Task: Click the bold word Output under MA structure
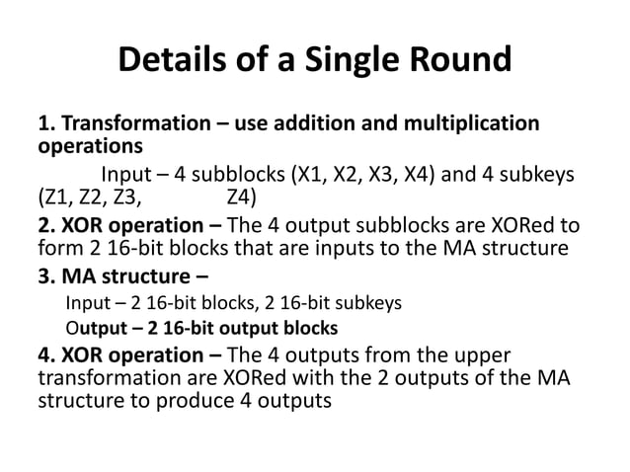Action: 92,328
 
